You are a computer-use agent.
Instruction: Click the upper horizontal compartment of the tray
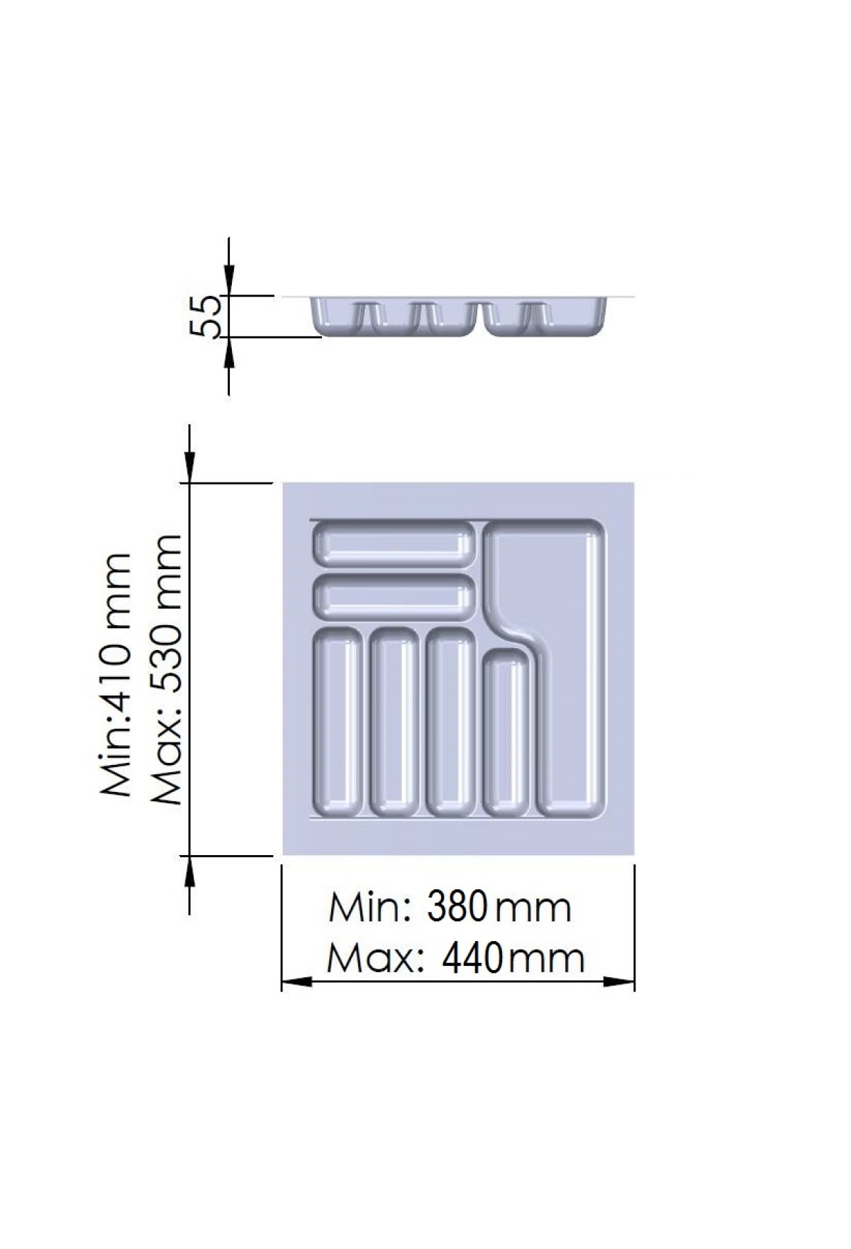coord(393,544)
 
